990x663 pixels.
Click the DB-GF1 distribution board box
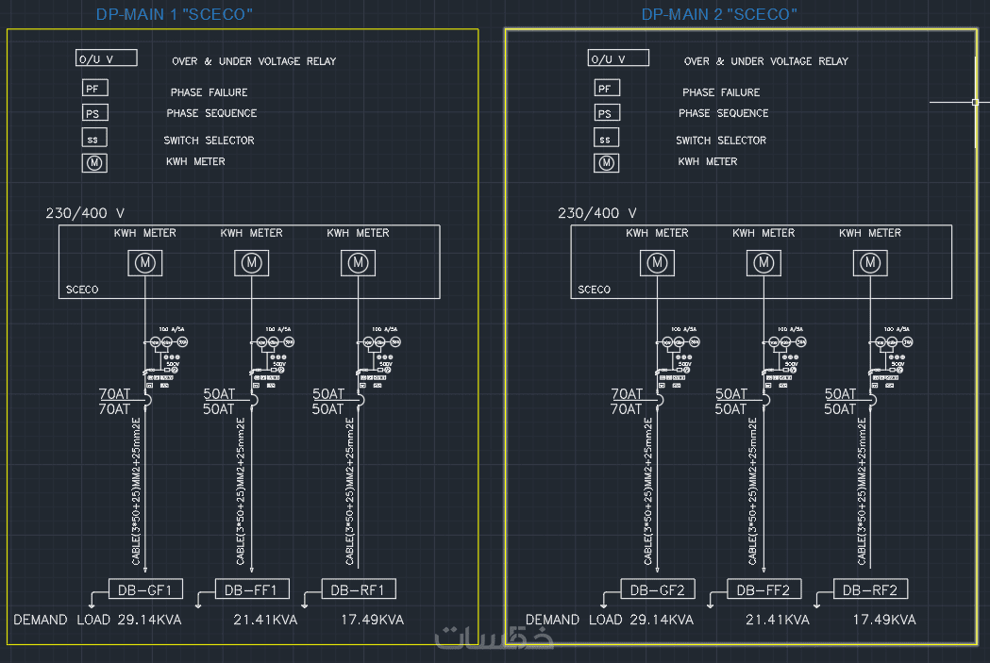click(144, 589)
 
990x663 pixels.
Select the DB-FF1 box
click(251, 589)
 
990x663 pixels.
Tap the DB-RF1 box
click(358, 589)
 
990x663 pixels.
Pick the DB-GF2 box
click(658, 589)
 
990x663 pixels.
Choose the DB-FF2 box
click(764, 589)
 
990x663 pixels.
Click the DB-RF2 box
click(871, 589)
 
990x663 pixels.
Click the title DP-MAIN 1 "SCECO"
click(175, 14)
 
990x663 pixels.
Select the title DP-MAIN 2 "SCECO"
click(719, 14)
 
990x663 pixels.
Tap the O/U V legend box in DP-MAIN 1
click(107, 58)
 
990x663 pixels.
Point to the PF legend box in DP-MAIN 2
click(607, 89)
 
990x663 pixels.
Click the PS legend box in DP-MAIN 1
click(94, 113)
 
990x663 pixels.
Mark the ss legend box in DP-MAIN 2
click(607, 139)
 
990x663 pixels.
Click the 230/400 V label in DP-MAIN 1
click(85, 213)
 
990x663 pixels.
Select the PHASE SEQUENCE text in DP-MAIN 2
click(723, 113)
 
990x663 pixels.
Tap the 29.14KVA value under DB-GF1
click(149, 620)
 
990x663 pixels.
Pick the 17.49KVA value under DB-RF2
click(884, 620)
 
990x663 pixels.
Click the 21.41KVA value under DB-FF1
click(265, 620)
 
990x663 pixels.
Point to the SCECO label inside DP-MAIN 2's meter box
click(595, 290)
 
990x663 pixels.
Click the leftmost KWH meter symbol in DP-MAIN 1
click(145, 263)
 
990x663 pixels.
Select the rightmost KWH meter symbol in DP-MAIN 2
click(871, 263)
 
